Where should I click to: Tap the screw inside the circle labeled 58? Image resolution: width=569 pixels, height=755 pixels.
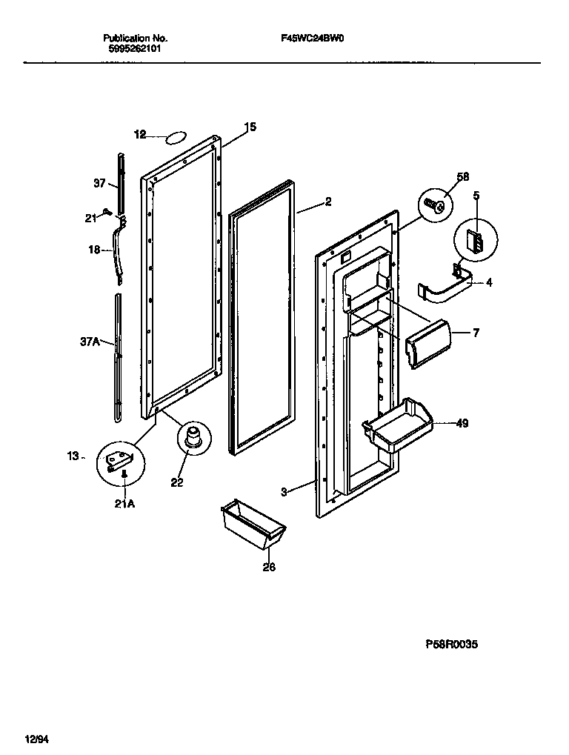click(436, 204)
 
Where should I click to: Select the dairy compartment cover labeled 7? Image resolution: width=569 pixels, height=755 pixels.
click(427, 340)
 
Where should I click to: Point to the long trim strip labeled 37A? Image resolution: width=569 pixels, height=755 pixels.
click(119, 356)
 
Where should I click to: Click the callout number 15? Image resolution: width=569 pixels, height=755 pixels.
click(250, 127)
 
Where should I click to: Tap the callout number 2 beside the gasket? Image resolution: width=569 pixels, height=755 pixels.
click(327, 201)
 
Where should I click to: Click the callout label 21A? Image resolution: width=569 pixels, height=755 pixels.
click(124, 505)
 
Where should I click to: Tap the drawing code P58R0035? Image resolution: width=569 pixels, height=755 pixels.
click(450, 645)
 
